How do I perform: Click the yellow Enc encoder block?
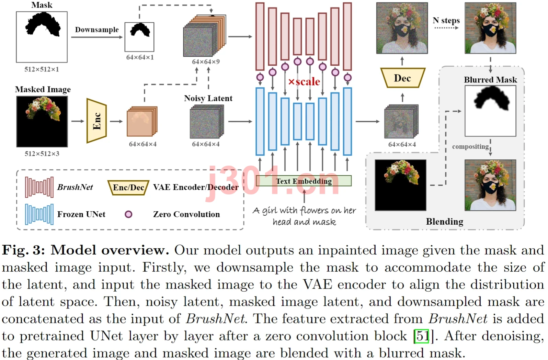click(x=97, y=121)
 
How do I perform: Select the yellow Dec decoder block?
click(x=403, y=78)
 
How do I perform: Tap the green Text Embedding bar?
click(x=304, y=181)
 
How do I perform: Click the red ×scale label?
click(x=304, y=82)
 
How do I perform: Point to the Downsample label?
click(x=97, y=30)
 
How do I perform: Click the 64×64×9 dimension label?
click(x=206, y=62)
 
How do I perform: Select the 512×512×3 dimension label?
click(x=42, y=154)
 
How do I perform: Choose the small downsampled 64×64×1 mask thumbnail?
click(x=139, y=37)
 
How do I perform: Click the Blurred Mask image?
click(x=491, y=111)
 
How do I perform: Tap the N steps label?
click(x=446, y=21)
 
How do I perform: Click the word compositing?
click(x=470, y=147)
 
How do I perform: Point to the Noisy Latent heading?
click(x=208, y=98)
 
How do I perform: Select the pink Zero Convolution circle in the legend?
click(x=128, y=214)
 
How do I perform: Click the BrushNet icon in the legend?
click(x=39, y=187)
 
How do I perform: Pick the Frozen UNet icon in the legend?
click(x=39, y=214)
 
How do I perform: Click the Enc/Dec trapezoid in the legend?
click(x=128, y=188)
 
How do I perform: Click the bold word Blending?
click(x=445, y=222)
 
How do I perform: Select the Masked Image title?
click(x=43, y=89)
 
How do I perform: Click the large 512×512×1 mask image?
click(x=42, y=37)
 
